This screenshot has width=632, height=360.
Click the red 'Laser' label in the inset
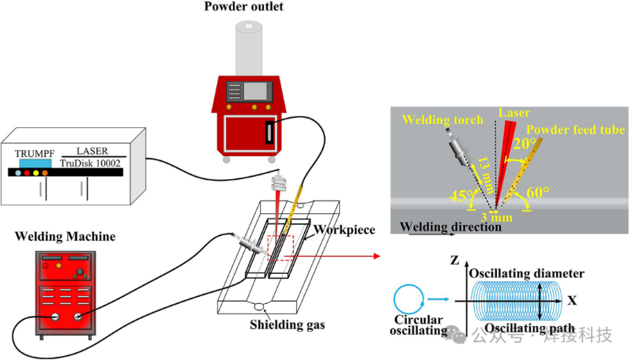[515, 113]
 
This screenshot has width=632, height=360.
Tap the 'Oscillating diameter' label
[526, 273]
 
